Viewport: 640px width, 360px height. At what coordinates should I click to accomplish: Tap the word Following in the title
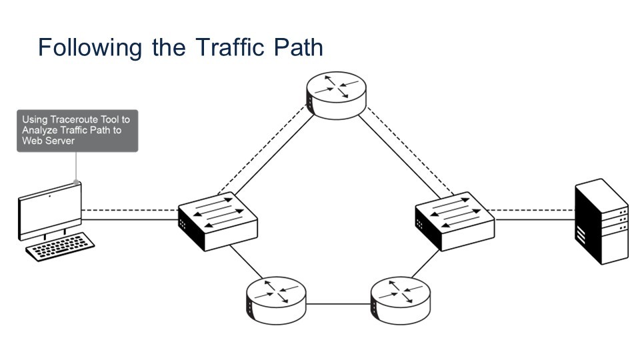point(90,48)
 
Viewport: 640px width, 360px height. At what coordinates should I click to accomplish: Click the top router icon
point(336,95)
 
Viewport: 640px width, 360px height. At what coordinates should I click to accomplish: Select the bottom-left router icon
point(275,301)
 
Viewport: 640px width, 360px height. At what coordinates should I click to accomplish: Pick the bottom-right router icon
point(401,301)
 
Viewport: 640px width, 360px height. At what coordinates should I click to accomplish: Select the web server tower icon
point(601,221)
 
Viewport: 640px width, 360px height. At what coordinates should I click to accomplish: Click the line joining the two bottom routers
point(338,303)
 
